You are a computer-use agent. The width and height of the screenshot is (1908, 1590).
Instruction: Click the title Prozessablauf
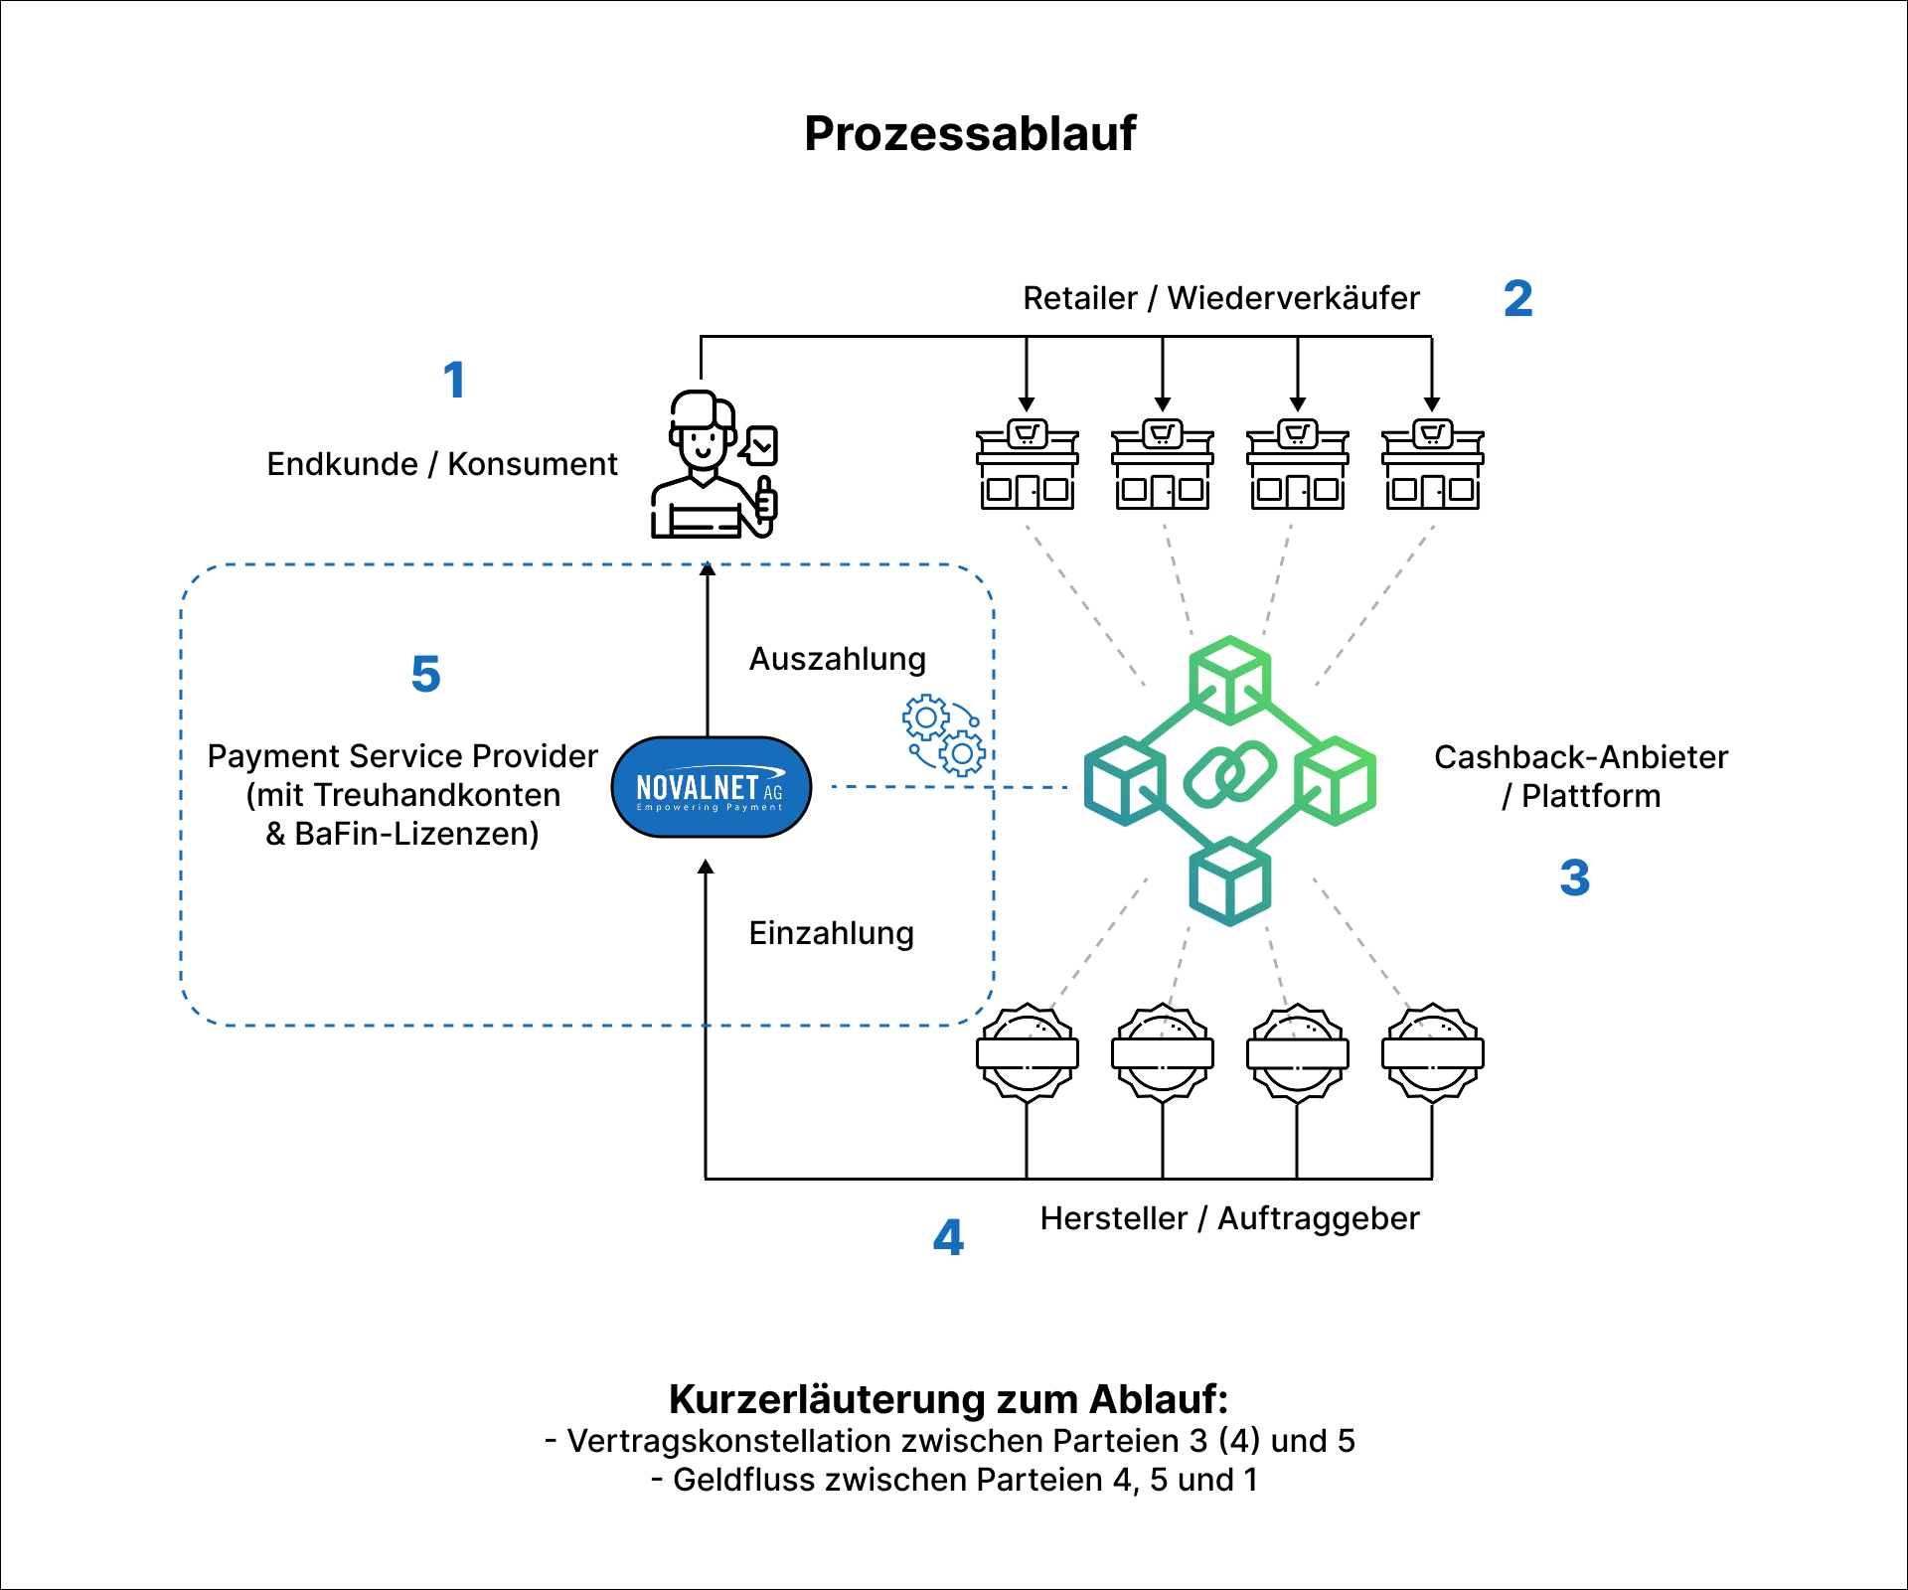pos(969,133)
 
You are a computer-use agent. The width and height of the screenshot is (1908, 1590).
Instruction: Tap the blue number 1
pos(454,380)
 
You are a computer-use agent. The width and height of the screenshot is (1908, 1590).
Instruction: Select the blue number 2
pos(1517,298)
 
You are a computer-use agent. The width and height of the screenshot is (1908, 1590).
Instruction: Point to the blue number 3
pos(1574,877)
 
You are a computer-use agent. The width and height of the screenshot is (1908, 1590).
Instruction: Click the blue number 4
pos(948,1237)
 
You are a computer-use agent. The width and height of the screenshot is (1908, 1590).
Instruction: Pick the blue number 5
pos(425,674)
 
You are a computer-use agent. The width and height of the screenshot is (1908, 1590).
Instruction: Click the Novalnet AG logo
pos(711,787)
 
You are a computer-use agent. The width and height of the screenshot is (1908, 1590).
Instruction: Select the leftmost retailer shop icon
pos(1027,465)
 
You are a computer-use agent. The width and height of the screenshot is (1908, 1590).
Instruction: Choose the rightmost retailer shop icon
pos(1432,465)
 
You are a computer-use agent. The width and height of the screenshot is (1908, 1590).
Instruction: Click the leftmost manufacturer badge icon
pos(1027,1052)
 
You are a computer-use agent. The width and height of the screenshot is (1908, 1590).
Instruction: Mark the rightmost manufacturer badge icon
pos(1432,1052)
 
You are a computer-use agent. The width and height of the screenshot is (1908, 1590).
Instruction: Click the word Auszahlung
pos(837,659)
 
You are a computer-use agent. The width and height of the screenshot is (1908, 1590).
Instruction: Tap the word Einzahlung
pos(831,933)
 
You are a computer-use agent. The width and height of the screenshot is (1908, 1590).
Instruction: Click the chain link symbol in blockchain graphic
pos(1229,774)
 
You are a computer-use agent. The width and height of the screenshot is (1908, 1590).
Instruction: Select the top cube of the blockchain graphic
pos(1229,680)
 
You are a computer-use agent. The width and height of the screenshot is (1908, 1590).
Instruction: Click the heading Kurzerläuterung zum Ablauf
pos(948,1398)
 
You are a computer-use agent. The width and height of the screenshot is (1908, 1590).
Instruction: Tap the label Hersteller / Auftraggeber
pos(1229,1218)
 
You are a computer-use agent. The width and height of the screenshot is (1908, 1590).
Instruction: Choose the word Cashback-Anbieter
pos(1580,757)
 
